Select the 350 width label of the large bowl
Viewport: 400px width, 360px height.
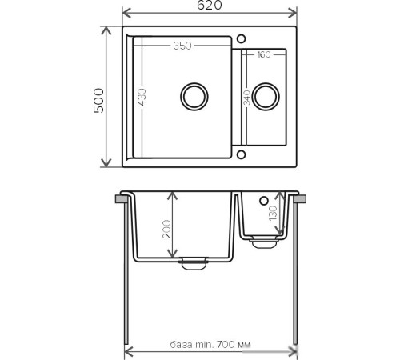pyautogui.click(x=182, y=46)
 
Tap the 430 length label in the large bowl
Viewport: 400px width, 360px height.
pyautogui.click(x=142, y=97)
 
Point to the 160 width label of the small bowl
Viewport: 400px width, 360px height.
pyautogui.click(x=265, y=54)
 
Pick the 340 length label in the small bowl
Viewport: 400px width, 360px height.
pyautogui.click(x=247, y=98)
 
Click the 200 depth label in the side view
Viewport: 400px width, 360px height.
pyautogui.click(x=165, y=230)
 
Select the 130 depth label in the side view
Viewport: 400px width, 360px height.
pyautogui.click(x=274, y=214)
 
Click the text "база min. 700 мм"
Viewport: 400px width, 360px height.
pyautogui.click(x=210, y=345)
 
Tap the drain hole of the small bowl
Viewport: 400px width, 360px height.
pyautogui.click(x=267, y=97)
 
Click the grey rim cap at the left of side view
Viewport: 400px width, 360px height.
pyautogui.click(x=123, y=197)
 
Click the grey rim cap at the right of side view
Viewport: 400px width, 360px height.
pyautogui.click(x=300, y=197)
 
